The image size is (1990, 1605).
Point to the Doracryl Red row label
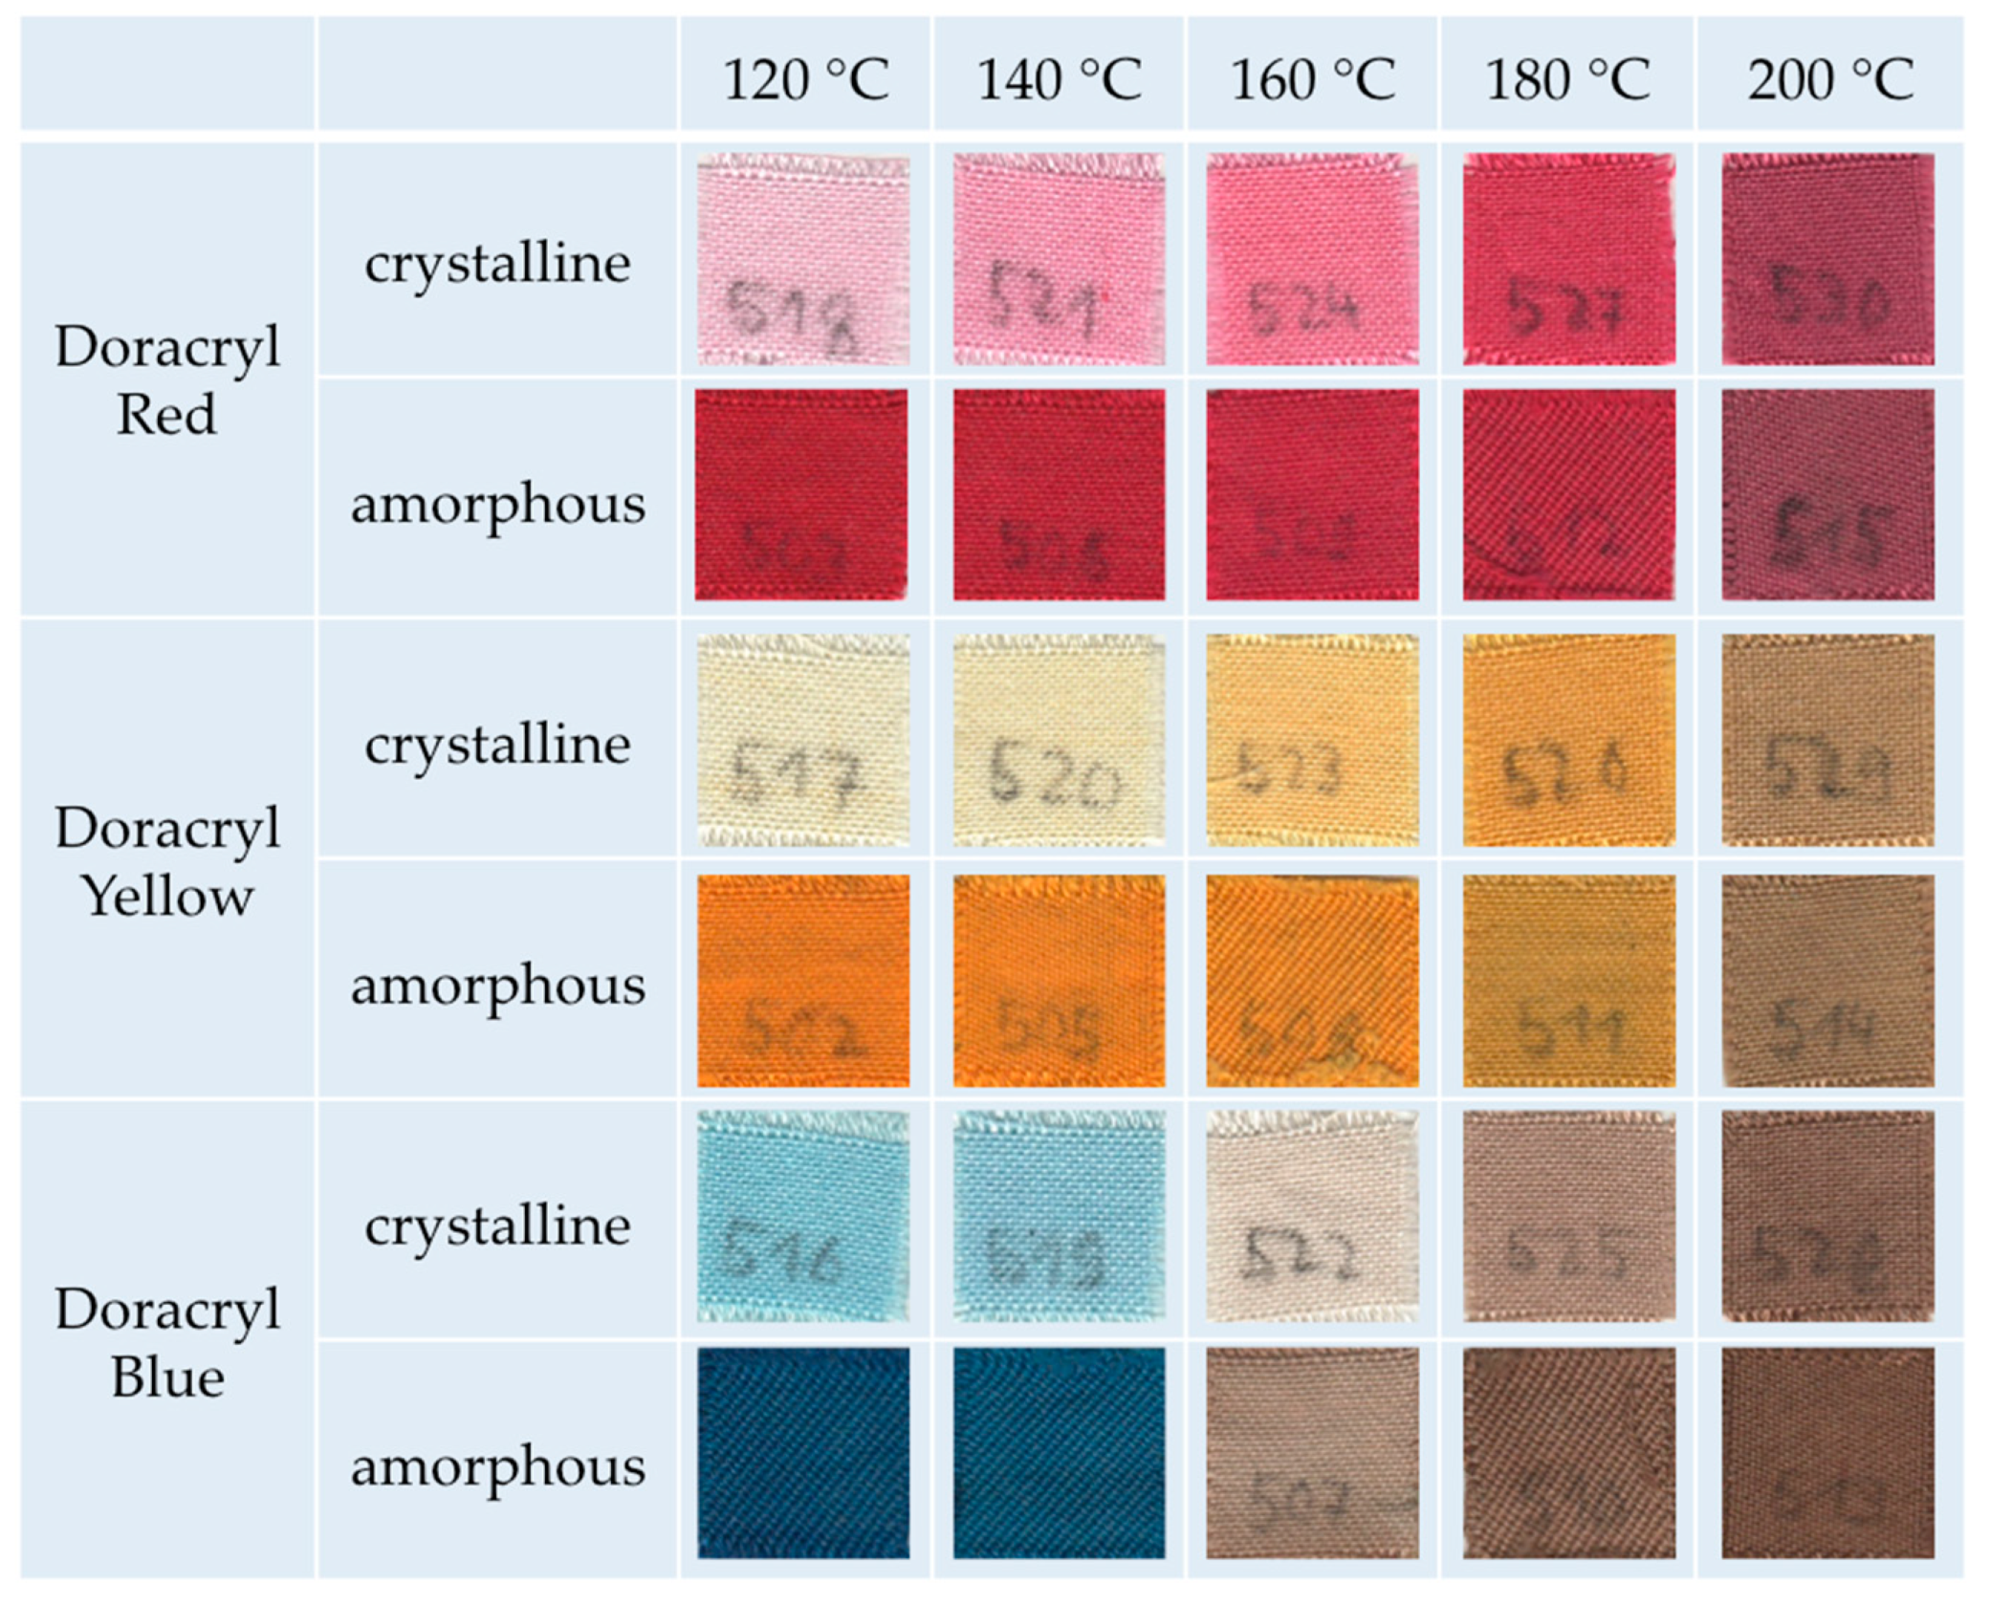[167, 380]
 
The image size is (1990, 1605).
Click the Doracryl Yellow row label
[167, 861]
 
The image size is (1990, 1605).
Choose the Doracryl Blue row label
[167, 1342]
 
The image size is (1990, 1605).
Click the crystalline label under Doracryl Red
[497, 263]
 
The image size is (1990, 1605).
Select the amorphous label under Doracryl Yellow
[497, 985]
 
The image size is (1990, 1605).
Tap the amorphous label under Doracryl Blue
[497, 1466]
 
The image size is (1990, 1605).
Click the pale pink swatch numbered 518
[803, 259]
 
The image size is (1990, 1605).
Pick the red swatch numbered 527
[1568, 259]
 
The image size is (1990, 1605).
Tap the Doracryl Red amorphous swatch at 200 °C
[1827, 494]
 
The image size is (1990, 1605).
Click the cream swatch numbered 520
[1059, 740]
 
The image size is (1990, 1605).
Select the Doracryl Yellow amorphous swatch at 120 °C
[803, 981]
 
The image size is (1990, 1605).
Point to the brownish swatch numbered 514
[1827, 981]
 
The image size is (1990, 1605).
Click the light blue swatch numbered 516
[803, 1216]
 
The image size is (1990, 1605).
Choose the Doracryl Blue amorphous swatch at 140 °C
[1059, 1453]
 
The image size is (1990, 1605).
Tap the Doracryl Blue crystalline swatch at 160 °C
[1312, 1216]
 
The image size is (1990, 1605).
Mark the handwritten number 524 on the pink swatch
[1302, 309]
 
